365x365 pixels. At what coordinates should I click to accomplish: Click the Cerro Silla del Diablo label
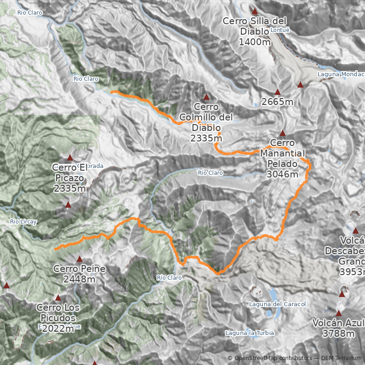coord(255,26)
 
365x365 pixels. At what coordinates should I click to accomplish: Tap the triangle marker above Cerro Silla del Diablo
coord(255,11)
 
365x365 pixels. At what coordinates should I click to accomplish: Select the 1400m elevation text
coord(255,42)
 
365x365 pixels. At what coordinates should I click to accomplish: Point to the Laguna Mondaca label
coord(341,74)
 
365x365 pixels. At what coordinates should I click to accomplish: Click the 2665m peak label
coord(277,102)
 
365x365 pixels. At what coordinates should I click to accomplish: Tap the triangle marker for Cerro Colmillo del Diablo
coord(206,97)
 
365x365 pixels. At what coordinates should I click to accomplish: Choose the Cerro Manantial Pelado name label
coord(282,153)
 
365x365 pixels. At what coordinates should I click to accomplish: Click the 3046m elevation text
coord(282,174)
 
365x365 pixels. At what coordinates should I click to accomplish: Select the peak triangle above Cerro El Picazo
coord(70,158)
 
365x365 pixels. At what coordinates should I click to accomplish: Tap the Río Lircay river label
coord(23,222)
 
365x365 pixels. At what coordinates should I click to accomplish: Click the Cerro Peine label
coord(79,269)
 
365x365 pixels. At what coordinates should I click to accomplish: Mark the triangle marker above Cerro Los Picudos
coord(58,297)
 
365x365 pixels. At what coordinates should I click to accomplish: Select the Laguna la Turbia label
coord(250,333)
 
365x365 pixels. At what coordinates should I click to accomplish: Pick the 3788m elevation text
coord(338,334)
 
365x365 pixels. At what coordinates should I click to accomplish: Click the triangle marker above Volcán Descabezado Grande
coord(355,230)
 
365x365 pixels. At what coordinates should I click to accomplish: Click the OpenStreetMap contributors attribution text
coord(273,358)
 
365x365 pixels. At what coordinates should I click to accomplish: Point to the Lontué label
coord(280,30)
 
